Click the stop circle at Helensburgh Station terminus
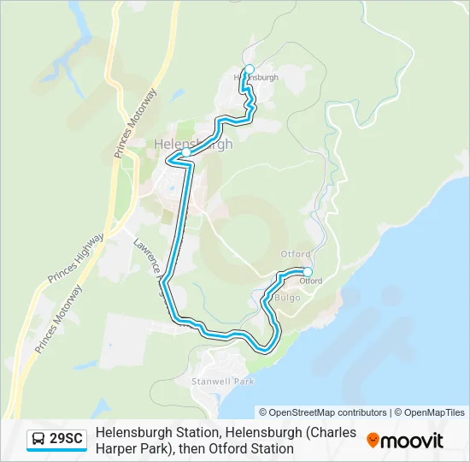[x=250, y=69]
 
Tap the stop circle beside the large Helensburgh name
[x=185, y=152]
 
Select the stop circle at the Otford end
[x=308, y=272]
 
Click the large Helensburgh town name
[x=193, y=144]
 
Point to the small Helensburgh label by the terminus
[x=256, y=78]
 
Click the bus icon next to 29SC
[x=39, y=439]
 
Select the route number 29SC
[x=67, y=439]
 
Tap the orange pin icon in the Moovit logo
[x=373, y=440]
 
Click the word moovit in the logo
[x=413, y=440]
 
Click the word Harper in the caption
[x=115, y=448]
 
